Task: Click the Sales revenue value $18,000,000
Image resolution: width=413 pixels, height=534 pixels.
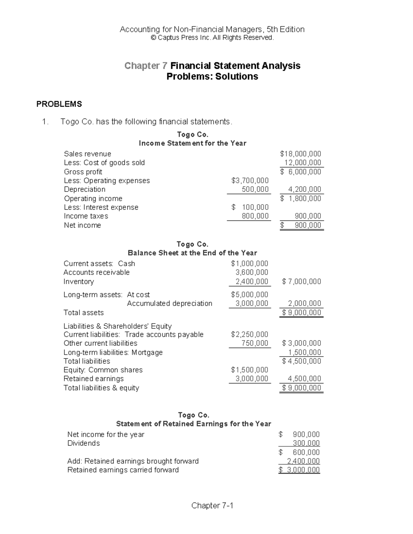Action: (300, 154)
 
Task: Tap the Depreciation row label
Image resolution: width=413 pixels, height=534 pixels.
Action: (85, 189)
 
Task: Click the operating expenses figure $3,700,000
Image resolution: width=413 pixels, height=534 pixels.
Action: (250, 181)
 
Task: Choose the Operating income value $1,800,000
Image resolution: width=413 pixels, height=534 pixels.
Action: (300, 198)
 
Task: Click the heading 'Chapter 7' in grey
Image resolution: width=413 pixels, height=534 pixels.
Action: (146, 66)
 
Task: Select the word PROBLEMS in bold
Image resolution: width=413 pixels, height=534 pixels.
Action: (59, 104)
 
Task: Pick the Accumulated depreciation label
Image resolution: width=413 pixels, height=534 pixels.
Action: (169, 303)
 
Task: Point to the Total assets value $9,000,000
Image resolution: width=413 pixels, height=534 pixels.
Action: (301, 313)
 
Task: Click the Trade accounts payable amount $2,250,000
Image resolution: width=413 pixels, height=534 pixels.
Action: (250, 334)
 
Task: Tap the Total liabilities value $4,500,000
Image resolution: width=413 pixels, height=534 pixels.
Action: (301, 361)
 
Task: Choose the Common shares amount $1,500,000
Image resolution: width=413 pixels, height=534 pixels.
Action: (250, 370)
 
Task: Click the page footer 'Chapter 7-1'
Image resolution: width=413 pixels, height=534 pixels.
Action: (212, 505)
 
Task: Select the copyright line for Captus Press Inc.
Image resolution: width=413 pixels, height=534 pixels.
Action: (212, 38)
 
